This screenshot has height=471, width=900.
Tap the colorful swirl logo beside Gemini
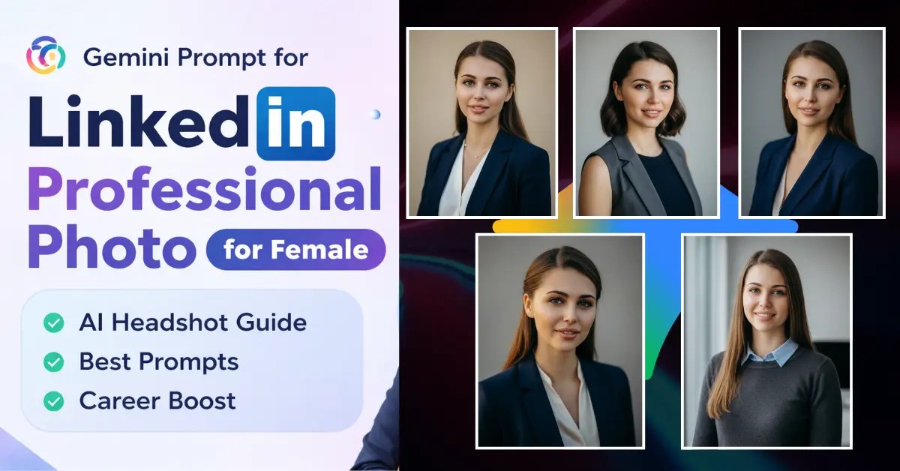[x=46, y=55]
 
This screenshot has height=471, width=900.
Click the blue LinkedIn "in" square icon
[x=295, y=123]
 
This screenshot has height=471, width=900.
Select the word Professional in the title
[x=205, y=190]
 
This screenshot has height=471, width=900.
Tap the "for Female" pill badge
[x=295, y=249]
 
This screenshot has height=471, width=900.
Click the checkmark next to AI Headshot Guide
[x=53, y=323]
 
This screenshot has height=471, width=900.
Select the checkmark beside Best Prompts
[x=53, y=362]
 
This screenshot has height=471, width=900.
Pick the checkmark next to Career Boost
[x=53, y=401]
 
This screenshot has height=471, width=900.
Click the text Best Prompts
[x=159, y=362]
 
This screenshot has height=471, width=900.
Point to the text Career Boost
[x=157, y=401]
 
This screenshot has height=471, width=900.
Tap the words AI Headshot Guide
[x=193, y=323]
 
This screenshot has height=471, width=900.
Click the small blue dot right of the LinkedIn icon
[x=375, y=114]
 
